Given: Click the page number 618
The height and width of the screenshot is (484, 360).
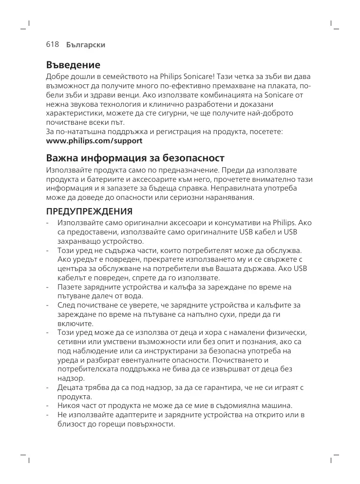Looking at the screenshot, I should point(52,44).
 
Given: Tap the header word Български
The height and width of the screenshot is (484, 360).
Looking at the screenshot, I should point(86,45).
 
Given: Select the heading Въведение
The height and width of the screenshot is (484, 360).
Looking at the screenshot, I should point(73,65).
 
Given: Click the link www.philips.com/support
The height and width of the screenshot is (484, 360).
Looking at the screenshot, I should point(94,141).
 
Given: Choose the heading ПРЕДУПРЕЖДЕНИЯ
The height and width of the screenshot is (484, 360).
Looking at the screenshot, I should point(89,212).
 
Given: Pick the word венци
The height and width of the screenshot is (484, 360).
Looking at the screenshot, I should point(123,95).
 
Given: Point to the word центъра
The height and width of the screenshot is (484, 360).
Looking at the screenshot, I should point(72,269).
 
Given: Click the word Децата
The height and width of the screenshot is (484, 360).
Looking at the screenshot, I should point(70,387).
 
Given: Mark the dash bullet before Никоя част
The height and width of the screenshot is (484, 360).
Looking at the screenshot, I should point(47,406).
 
